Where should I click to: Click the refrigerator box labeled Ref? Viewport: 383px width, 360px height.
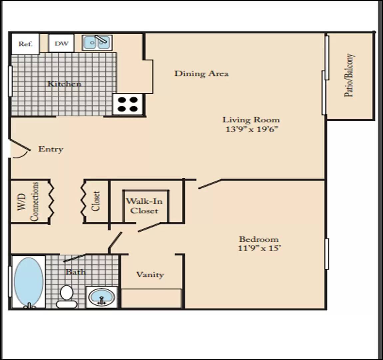[25, 44]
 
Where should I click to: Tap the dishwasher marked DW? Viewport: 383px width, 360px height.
[61, 43]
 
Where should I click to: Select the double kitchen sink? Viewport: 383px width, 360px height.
[97, 43]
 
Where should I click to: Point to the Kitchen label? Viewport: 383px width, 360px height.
[64, 84]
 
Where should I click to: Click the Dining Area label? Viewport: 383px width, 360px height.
[201, 73]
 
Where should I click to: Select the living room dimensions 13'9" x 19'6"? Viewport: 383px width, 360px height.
[252, 129]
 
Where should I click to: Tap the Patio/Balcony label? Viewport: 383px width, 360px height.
[349, 75]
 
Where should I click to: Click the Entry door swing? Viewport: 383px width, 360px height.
[20, 149]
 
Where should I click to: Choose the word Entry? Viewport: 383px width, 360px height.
[51, 149]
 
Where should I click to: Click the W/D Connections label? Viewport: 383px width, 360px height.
[28, 201]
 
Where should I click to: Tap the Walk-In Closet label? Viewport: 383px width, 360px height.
[144, 206]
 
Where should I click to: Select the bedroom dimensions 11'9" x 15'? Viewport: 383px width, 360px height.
[259, 248]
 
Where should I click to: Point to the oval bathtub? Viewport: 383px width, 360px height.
[29, 281]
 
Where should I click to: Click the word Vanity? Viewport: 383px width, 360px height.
[150, 275]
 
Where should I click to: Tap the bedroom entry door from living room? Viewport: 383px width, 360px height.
[210, 184]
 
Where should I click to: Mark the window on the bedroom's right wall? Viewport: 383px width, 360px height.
[327, 254]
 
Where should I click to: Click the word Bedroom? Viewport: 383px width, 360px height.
[259, 239]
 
